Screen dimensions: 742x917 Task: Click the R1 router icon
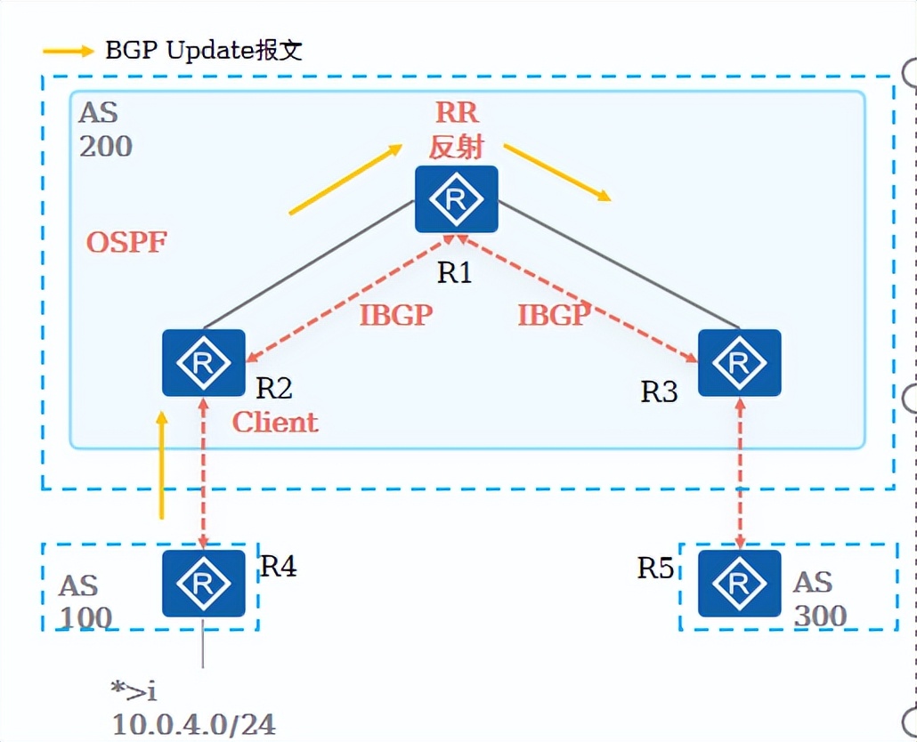(x=455, y=200)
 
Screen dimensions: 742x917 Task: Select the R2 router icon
(x=203, y=363)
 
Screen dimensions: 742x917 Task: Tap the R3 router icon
(x=738, y=363)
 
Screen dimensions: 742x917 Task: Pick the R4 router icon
(x=203, y=583)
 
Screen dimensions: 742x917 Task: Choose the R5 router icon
(x=738, y=583)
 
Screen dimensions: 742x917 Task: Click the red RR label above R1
(x=457, y=112)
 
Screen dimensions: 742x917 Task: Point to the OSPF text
(x=126, y=241)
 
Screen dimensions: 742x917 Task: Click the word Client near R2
(x=274, y=422)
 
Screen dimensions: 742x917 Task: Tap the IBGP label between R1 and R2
(x=396, y=314)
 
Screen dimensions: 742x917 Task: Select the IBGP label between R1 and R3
(x=554, y=314)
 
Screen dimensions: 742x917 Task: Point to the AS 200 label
(x=105, y=129)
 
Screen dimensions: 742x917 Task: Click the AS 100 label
(x=85, y=601)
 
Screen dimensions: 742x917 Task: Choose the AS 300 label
(x=819, y=598)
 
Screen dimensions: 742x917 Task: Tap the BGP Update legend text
(x=204, y=50)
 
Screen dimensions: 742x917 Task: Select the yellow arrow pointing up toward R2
(x=161, y=464)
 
